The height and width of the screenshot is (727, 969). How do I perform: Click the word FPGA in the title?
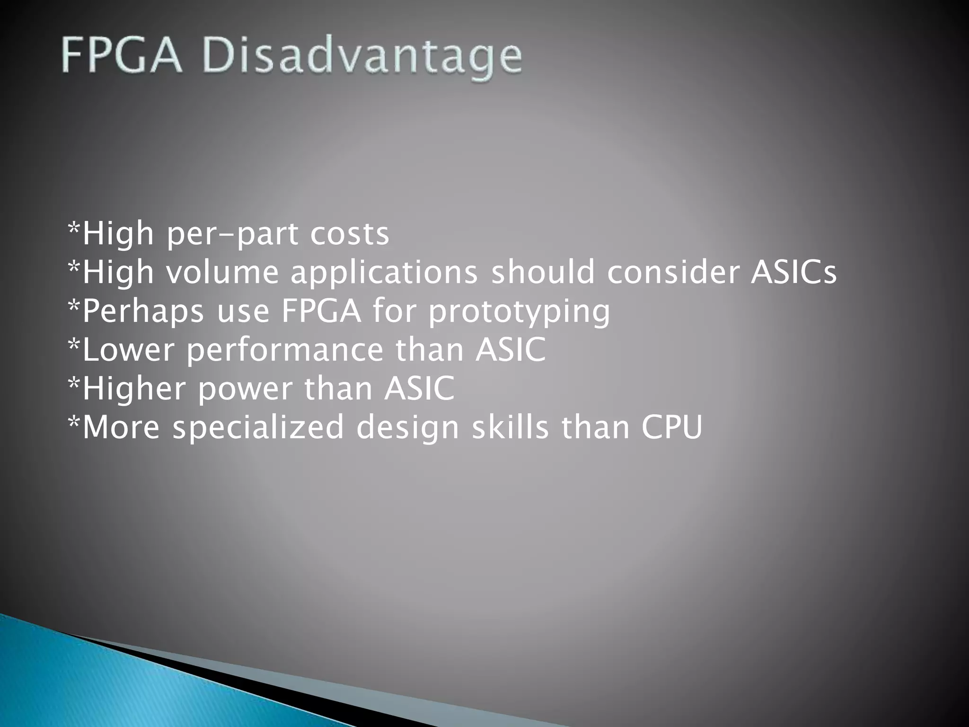(x=122, y=57)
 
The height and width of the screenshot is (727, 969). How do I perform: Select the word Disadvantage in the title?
(x=363, y=59)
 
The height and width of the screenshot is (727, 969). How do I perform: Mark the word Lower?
(x=128, y=350)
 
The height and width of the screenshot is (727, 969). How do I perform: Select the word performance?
(x=285, y=351)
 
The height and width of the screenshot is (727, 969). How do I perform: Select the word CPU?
(x=672, y=428)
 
